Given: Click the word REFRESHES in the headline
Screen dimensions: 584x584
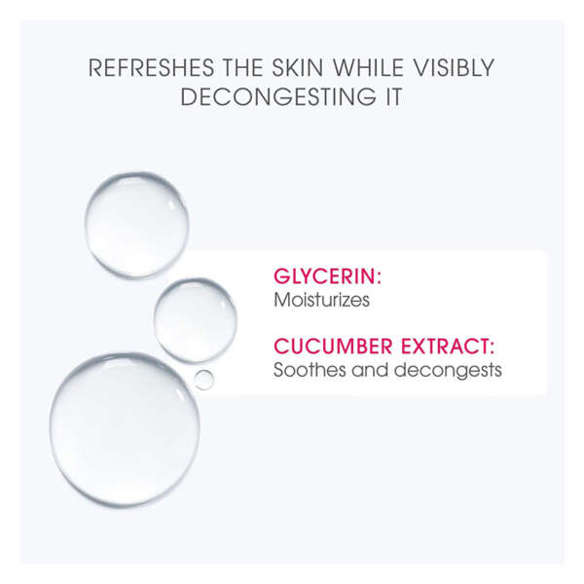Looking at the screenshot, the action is [x=151, y=68].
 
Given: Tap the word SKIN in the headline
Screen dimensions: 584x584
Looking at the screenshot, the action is [x=297, y=68].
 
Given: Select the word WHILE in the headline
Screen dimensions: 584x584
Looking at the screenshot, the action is [x=368, y=68].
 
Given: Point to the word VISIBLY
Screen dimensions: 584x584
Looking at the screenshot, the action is [x=454, y=68].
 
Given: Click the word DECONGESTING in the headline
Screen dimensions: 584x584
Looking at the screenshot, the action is [x=278, y=96].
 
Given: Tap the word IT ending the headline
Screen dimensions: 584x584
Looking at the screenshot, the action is [x=393, y=96].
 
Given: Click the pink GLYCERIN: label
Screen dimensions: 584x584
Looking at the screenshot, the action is [x=328, y=276].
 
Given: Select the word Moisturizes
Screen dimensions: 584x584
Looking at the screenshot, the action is [x=322, y=300].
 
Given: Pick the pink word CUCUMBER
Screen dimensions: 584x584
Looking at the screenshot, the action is [x=333, y=347].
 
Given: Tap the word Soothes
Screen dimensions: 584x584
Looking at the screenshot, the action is [x=310, y=370].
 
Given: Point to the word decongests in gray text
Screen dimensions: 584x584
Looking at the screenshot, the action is [x=448, y=371].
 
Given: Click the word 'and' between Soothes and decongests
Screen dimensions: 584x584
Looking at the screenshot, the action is [x=370, y=370].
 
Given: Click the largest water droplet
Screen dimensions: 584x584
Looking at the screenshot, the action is [x=125, y=429].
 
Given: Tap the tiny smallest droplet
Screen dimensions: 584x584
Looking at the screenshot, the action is [x=204, y=380].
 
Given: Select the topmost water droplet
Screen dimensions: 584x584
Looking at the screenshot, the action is [x=136, y=225].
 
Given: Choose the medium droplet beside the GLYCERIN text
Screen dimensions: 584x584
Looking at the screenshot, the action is [x=196, y=320].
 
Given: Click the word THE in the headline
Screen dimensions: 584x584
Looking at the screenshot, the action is [x=242, y=68].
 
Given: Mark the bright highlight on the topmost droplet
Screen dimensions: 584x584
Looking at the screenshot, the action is [x=173, y=203].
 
